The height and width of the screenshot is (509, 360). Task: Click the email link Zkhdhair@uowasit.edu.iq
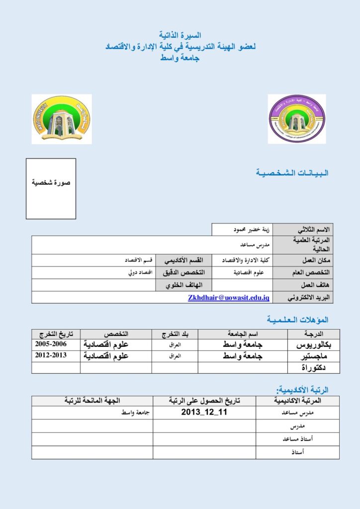tap(229, 297)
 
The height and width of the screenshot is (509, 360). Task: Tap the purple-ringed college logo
tap(296, 119)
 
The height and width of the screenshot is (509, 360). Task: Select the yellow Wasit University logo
tap(61, 119)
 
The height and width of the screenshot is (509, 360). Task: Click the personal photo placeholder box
tap(51, 188)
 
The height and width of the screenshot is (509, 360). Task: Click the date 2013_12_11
tap(204, 413)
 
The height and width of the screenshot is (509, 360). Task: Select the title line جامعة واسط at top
tap(180, 58)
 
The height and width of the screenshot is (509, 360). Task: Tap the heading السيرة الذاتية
tap(180, 36)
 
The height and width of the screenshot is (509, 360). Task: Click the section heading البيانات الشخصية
tap(292, 173)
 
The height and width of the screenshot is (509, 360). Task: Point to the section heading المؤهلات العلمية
tap(297, 319)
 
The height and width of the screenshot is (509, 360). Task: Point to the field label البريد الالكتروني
tap(307, 297)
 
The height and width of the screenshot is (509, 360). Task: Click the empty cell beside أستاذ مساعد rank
tap(204, 439)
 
